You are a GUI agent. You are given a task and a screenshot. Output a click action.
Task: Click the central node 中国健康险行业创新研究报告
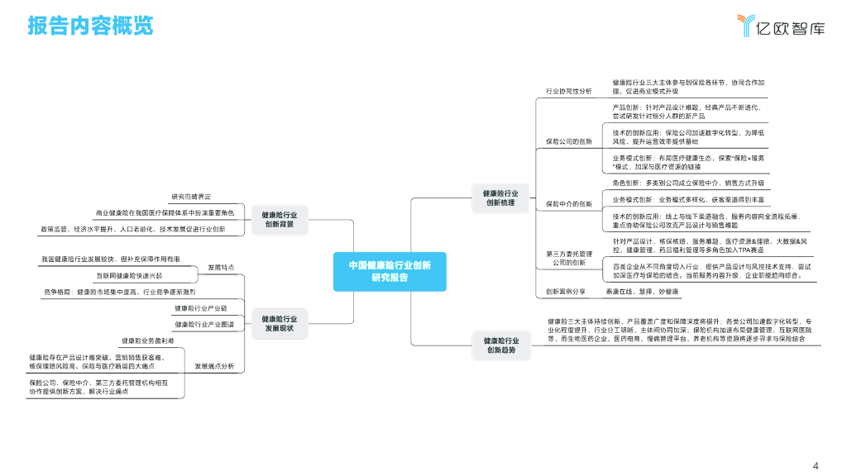tap(389, 272)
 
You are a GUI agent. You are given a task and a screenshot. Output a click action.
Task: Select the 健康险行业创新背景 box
tap(280, 220)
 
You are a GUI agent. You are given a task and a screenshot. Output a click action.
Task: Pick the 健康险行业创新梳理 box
tap(500, 198)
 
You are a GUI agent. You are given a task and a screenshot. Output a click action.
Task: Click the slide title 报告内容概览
tap(91, 26)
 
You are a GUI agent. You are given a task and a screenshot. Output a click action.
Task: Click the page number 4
tap(816, 464)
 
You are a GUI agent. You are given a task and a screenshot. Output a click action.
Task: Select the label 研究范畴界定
tap(191, 197)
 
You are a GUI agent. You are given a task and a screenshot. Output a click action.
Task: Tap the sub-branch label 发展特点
tap(221, 268)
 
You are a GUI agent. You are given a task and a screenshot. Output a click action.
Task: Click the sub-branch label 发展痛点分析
tap(214, 365)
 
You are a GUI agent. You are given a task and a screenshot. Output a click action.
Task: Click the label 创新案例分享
tap(566, 292)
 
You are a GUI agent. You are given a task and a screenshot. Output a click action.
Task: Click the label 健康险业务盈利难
tap(148, 340)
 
